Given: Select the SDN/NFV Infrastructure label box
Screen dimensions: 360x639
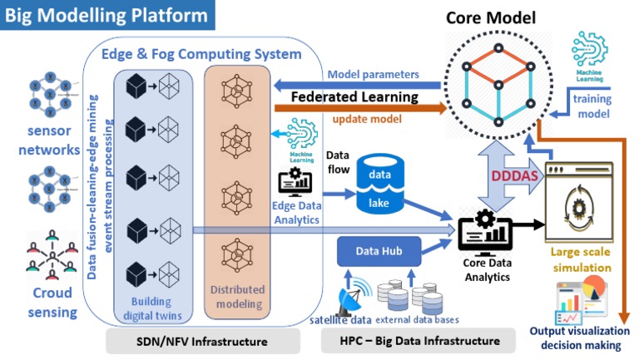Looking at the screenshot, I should [203, 341].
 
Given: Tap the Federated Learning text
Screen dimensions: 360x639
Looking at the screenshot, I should [354, 97].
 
